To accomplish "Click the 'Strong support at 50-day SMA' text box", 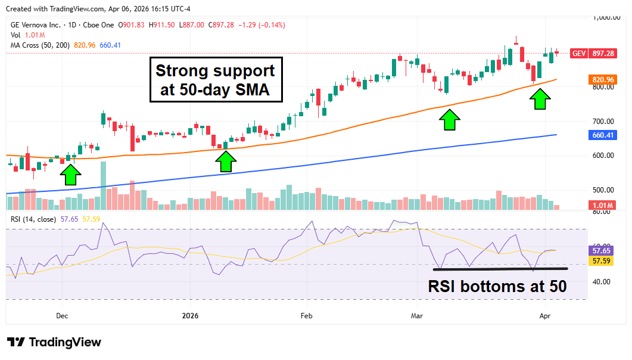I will point(215,80).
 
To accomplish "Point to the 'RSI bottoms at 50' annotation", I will point(497,286).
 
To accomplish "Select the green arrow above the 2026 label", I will point(225,161).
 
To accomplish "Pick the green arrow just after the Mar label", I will point(450,119).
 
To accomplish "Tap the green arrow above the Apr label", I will point(540,99).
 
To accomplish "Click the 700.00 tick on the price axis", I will point(602,122).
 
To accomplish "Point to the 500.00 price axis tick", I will point(602,190).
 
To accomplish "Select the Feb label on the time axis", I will point(306,315).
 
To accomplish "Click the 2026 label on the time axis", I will point(189,315).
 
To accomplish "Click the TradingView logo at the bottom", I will point(55,342).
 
